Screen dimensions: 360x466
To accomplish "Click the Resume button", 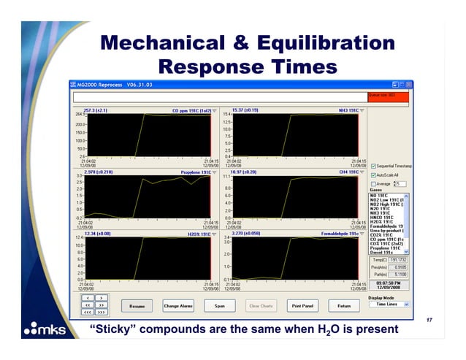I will point(137,305).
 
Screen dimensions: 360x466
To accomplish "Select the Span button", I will point(220,305).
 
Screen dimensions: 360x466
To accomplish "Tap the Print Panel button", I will point(302,305).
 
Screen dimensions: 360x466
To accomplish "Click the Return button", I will point(343,305).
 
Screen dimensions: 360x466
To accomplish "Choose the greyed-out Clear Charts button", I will point(261,305).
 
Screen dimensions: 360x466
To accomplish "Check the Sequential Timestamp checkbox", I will point(374,166).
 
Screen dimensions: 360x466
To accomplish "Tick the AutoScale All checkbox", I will point(374,175).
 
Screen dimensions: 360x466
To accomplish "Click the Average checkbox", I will point(374,183).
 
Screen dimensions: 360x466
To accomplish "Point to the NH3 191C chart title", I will point(346,110).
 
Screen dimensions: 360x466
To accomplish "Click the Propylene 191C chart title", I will point(195,172).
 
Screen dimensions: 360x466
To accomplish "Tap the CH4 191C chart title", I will point(346,172).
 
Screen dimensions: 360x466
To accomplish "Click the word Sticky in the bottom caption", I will point(118,329).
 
